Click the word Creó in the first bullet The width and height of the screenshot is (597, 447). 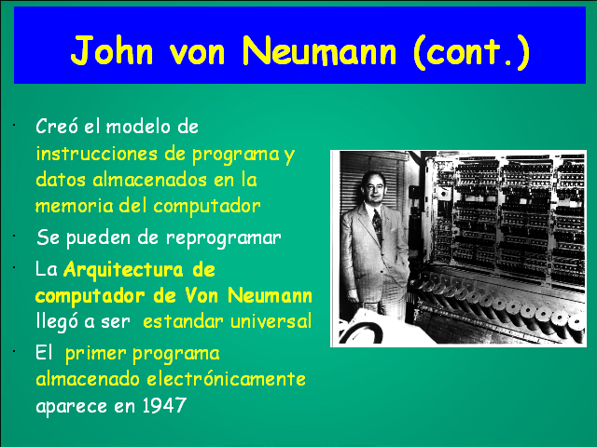click(x=55, y=127)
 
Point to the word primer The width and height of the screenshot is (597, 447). click(x=95, y=355)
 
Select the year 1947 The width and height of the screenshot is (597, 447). click(x=166, y=406)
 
